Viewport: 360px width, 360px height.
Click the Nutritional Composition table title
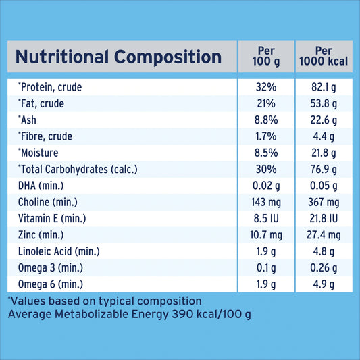pos(118,57)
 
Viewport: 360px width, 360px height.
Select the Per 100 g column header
pos(266,57)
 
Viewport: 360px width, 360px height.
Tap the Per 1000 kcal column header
pos(324,57)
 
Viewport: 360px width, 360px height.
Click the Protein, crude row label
pos(50,87)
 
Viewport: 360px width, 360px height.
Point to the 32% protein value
pos(266,87)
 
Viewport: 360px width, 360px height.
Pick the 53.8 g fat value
pos(324,104)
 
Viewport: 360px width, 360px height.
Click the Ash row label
pos(27,120)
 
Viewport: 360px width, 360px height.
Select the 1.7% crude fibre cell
pos(266,136)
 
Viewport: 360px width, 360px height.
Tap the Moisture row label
pos(38,153)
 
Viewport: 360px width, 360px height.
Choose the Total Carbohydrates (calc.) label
pos(78,170)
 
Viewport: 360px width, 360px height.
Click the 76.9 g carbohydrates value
pos(324,170)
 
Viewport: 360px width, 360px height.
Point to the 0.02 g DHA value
pos(266,186)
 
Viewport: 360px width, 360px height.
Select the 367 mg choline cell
pos(324,202)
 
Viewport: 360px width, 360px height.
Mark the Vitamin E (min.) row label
pos(52,219)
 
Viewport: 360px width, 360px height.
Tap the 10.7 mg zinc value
pos(266,235)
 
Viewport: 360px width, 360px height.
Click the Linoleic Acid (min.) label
pos(59,251)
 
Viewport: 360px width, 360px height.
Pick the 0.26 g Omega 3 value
pos(324,268)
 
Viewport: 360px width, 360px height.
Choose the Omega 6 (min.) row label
pos(51,284)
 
